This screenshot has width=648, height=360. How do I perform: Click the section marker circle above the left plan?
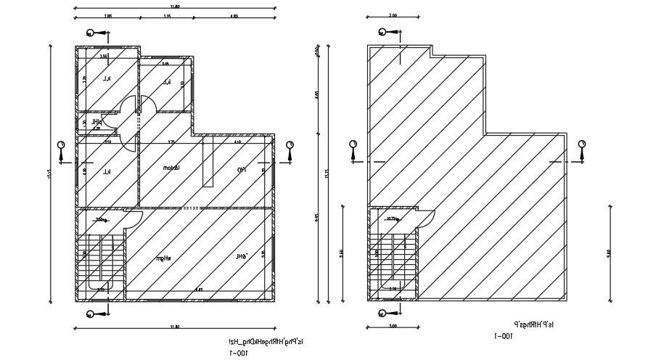(x=90, y=33)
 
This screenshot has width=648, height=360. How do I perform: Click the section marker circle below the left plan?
(x=90, y=314)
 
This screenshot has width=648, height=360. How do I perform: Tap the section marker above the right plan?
(x=380, y=32)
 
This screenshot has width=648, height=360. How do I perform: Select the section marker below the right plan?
(x=380, y=314)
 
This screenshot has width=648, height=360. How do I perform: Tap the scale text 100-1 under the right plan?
(x=503, y=336)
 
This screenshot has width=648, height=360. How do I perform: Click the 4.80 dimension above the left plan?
(x=233, y=15)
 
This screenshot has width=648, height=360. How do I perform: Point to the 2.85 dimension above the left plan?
(x=107, y=15)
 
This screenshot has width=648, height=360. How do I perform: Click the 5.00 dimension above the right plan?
(x=393, y=15)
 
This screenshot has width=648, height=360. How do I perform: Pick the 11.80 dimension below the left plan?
(x=175, y=328)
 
